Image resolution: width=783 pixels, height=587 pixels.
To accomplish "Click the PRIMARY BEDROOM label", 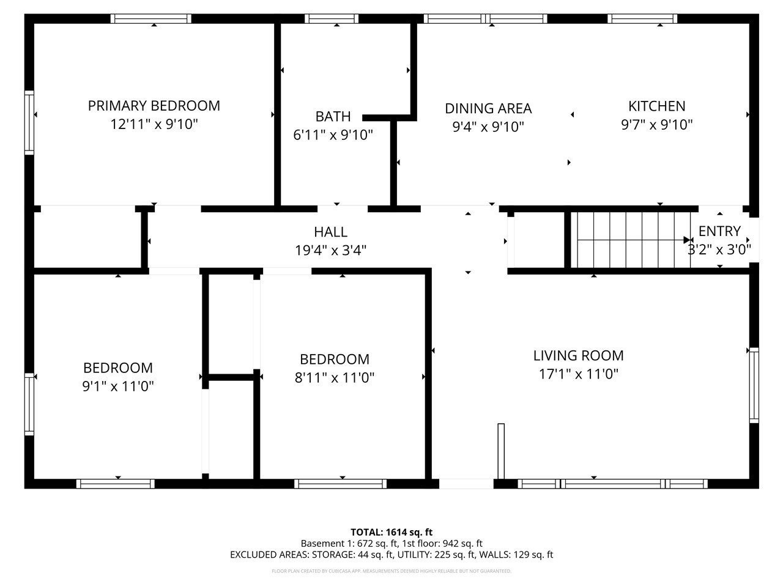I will pyautogui.click(x=154, y=106).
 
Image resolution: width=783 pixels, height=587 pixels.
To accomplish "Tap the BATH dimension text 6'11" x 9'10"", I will pyautogui.click(x=333, y=135).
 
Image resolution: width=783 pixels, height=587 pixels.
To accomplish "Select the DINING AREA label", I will pyautogui.click(x=488, y=108).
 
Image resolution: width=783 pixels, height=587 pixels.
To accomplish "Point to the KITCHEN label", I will pyautogui.click(x=657, y=106).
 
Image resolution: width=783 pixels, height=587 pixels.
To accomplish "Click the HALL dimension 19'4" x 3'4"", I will pyautogui.click(x=330, y=250).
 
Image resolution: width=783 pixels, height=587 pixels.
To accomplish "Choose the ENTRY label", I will pyautogui.click(x=719, y=231).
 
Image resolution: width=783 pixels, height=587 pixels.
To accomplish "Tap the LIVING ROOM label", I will pyautogui.click(x=578, y=355).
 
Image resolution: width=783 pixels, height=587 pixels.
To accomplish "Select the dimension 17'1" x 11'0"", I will pyautogui.click(x=578, y=374).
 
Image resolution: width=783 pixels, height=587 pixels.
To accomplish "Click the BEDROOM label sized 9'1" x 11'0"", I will pyautogui.click(x=118, y=367).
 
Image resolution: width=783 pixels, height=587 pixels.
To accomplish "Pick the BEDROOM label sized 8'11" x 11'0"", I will pyautogui.click(x=334, y=359).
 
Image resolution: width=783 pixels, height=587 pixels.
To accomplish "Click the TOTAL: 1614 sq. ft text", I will pyautogui.click(x=391, y=532).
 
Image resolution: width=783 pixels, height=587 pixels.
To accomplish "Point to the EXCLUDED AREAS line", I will pyautogui.click(x=391, y=555).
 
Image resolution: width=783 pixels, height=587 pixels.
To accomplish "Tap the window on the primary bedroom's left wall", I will pyautogui.click(x=29, y=122).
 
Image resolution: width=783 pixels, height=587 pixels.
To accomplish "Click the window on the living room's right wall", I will pyautogui.click(x=754, y=385).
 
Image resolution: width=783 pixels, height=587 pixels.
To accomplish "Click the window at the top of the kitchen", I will pyautogui.click(x=642, y=19).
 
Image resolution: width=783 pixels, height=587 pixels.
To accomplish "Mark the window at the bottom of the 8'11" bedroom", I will pyautogui.click(x=340, y=484).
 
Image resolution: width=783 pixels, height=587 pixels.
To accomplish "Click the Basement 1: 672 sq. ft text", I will pyautogui.click(x=349, y=543).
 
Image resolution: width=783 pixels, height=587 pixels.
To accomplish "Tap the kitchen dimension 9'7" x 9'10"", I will pyautogui.click(x=657, y=125).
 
